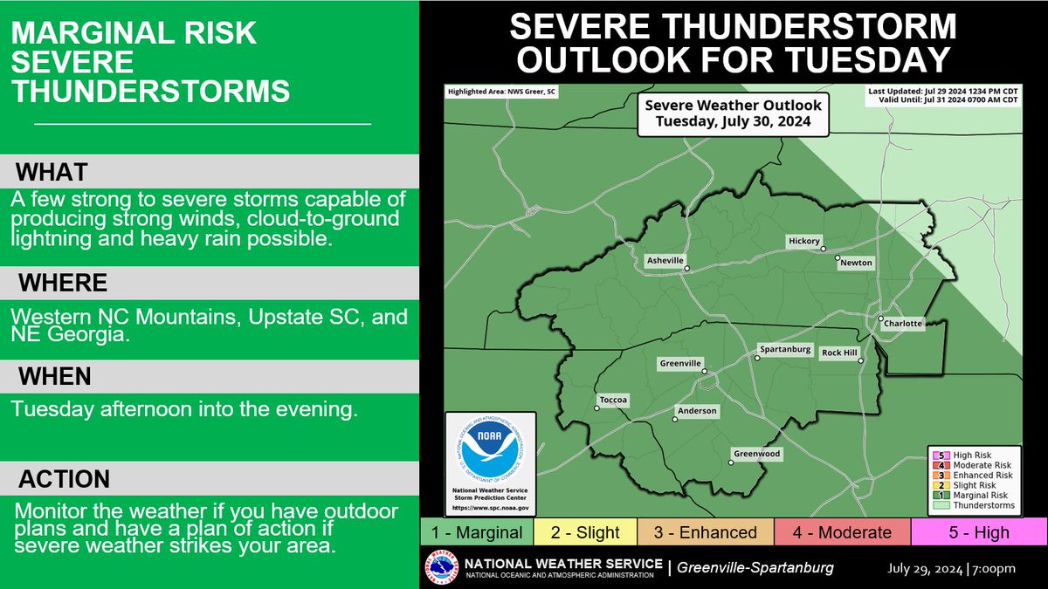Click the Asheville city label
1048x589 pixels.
(665, 260)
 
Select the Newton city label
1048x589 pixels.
(855, 263)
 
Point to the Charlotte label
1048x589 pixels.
(902, 324)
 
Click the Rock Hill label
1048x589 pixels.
(839, 353)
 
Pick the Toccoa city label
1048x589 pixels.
(612, 401)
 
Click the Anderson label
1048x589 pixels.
(697, 411)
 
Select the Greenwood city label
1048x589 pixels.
(756, 454)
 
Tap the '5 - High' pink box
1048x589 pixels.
(978, 532)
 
